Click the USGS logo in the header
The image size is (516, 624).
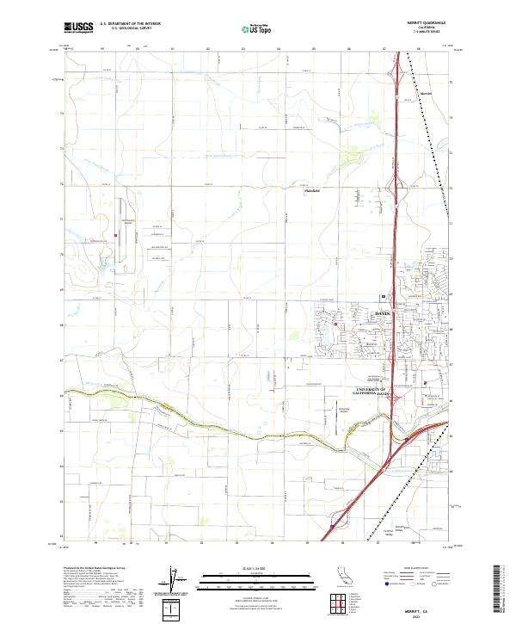coord(78,28)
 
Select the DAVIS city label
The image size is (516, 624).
coord(383,313)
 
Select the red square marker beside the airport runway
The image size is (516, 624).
coord(116,233)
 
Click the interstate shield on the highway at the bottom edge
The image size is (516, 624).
coord(332,518)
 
